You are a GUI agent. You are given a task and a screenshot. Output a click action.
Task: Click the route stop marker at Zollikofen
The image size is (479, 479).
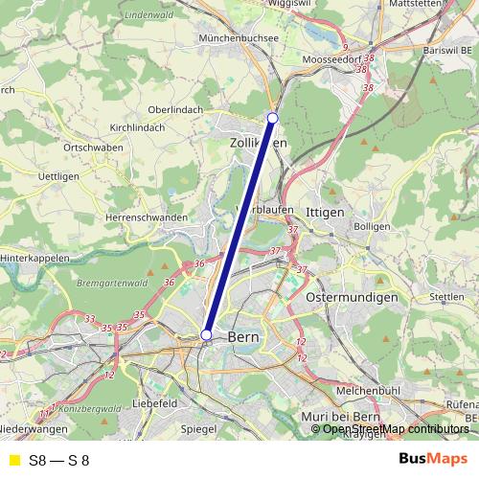pos(272,117)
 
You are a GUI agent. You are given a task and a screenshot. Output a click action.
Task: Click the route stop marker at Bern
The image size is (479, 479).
pos(206,334)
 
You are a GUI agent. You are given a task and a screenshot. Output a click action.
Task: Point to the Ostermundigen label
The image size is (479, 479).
pos(351,298)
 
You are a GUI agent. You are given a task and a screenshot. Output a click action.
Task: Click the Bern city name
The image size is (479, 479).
pos(243,338)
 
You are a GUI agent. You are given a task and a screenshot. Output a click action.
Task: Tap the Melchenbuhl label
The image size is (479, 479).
pos(368,391)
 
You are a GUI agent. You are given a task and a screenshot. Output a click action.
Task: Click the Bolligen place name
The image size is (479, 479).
pos(372,226)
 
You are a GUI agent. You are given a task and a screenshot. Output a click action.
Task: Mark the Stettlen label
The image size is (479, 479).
pos(446,297)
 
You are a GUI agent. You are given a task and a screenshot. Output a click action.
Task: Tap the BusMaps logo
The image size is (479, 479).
pos(433,460)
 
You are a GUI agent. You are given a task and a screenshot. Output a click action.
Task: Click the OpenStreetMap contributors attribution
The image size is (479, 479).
pos(390,429)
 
